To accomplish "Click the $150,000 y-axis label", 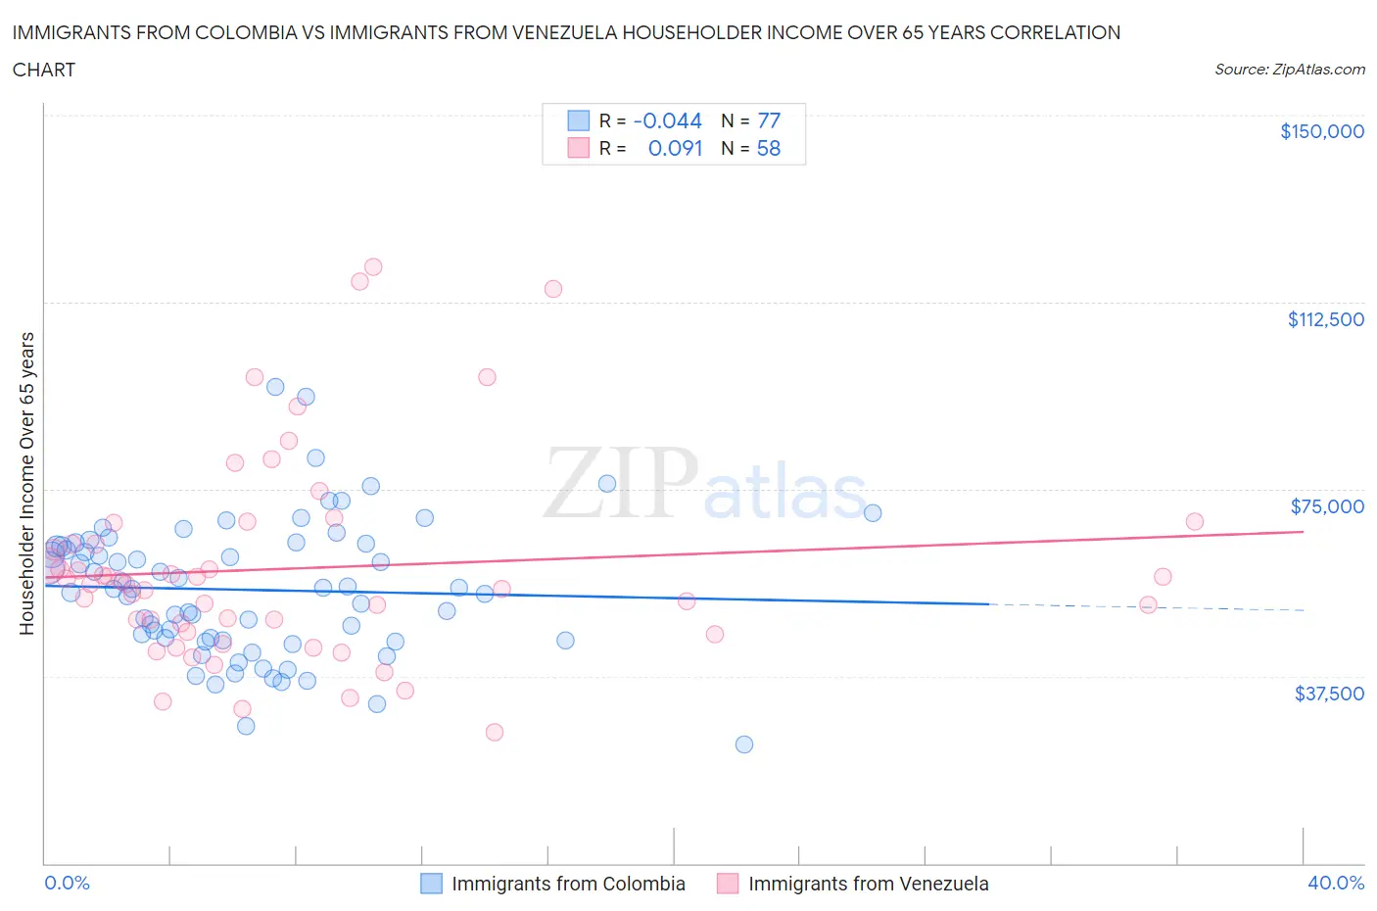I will point(1321,131).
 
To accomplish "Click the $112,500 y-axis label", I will point(1325,319).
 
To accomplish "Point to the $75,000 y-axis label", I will point(1327,506).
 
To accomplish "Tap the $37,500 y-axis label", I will point(1328,694).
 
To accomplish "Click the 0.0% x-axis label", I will point(67,883).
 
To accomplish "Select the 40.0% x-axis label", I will point(1336,883).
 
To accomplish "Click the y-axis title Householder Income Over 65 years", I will point(27,483).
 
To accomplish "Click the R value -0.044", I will point(668,120).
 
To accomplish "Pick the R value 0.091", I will point(675,148).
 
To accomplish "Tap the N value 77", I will point(769,120).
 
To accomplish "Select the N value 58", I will point(769,148).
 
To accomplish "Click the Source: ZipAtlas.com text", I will point(1289,70).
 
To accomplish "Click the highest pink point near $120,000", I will point(373,266).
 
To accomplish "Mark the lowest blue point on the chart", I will point(744,744).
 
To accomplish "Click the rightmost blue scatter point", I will point(873,512).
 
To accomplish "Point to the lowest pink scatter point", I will point(495,733).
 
